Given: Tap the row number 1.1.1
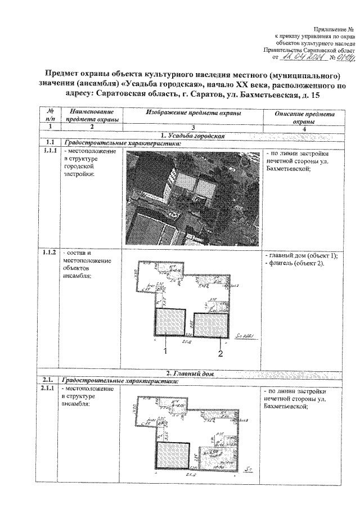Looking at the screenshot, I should coord(49,152).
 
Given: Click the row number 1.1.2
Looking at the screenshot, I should coord(49,253).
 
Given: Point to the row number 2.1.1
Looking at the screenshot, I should coord(49,389).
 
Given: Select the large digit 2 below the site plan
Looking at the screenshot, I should coord(220,353).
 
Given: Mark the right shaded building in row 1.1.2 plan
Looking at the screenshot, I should coord(210,326).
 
